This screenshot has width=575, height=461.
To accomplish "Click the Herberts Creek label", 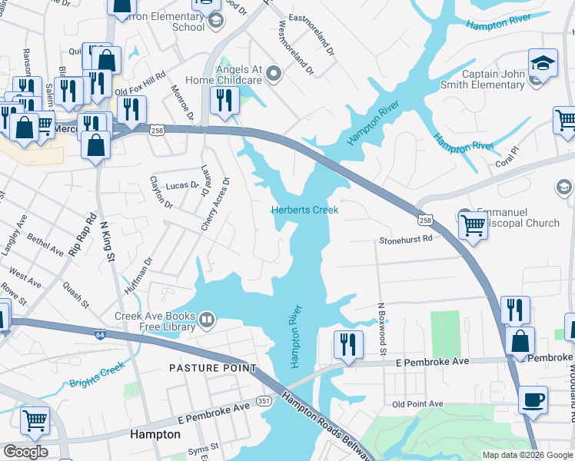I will click(304, 210).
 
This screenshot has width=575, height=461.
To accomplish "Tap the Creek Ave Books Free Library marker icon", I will click(206, 319).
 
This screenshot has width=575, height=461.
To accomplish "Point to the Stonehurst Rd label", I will click(405, 239).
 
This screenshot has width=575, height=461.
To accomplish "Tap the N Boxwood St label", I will click(381, 328).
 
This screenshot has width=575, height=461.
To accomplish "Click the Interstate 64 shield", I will click(101, 335).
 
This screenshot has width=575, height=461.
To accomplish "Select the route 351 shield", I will click(264, 400).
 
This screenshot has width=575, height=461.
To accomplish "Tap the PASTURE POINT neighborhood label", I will click(213, 369).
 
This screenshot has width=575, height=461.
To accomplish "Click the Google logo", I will click(25, 452).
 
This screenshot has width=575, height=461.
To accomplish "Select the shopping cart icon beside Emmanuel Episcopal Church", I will click(472, 226).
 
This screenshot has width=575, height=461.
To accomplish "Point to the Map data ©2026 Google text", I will click(527, 455).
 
